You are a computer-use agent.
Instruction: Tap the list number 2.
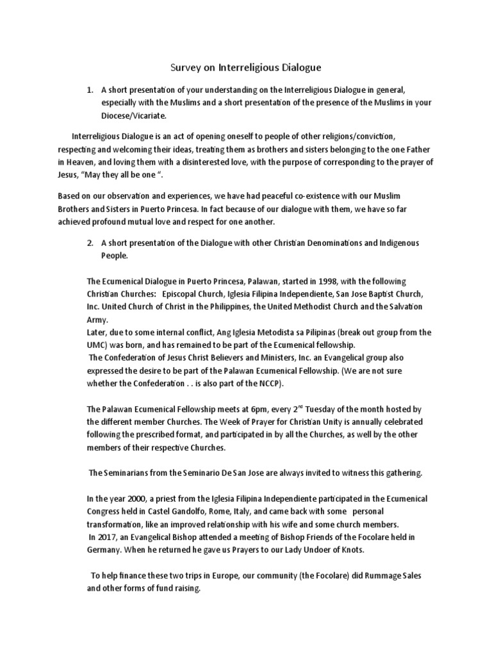tap(89, 243)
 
